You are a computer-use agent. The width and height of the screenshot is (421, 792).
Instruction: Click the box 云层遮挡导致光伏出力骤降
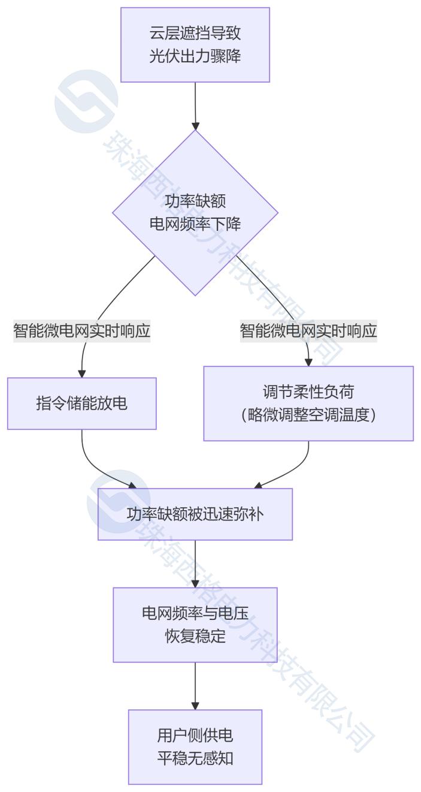pos(195,44)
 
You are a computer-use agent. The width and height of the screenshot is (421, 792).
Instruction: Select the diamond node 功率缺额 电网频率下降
pos(195,212)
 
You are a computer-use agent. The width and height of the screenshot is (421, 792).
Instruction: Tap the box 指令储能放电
pos(81,403)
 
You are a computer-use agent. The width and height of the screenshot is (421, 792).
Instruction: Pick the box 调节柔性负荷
pos(308,403)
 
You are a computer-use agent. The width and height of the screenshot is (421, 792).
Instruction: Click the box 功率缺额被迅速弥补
pos(195,514)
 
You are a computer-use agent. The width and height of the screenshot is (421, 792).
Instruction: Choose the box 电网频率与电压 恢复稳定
pos(195,624)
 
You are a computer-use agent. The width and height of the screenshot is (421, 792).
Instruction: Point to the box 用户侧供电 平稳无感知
pos(195,746)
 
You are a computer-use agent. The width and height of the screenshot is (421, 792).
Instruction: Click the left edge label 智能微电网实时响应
pos(82,331)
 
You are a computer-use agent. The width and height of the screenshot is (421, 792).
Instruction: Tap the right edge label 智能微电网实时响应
pos(308,331)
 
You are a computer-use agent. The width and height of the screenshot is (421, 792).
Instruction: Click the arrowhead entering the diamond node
pos(195,126)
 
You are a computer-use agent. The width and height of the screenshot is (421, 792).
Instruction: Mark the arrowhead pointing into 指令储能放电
pos(81,373)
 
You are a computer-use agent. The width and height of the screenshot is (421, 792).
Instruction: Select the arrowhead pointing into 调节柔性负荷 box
pos(308,362)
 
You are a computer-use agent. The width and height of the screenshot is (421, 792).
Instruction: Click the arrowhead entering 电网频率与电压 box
pos(195,583)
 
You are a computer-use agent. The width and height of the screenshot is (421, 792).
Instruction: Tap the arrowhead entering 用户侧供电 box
pos(195,705)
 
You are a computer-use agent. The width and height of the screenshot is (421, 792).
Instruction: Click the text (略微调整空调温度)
pos(308,414)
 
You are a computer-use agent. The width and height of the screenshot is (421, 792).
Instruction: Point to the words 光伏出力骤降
pos(195,56)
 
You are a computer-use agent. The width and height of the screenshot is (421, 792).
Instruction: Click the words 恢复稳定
pos(195,636)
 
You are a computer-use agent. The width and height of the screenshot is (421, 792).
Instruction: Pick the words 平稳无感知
pos(195,758)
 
